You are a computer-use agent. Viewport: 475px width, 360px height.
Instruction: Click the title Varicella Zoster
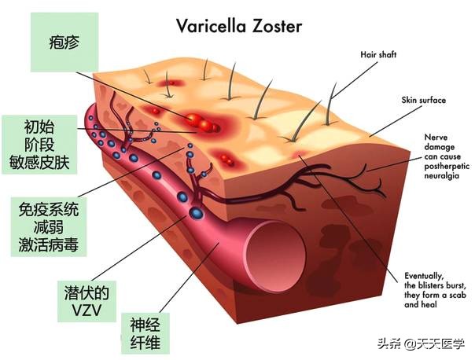(x=239, y=26)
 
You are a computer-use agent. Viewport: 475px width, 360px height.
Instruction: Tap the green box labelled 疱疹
(x=64, y=42)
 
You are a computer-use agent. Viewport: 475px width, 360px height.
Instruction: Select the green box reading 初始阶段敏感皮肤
(x=39, y=145)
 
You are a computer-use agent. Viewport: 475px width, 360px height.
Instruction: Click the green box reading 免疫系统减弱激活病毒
(x=49, y=227)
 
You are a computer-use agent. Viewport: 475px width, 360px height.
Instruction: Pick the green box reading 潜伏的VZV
(x=87, y=301)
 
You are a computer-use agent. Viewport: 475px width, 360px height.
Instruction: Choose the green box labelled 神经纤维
(x=145, y=333)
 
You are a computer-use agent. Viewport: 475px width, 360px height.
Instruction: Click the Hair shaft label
(x=378, y=55)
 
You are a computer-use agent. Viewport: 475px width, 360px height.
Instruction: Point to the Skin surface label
(x=424, y=101)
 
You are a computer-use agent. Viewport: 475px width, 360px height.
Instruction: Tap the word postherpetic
(x=447, y=166)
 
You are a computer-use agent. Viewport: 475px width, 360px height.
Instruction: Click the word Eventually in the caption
(x=424, y=276)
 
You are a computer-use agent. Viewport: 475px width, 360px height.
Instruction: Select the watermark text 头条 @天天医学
(x=422, y=343)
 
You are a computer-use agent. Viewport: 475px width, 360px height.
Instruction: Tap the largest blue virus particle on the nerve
(x=197, y=213)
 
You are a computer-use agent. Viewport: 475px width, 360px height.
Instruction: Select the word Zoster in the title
(x=277, y=26)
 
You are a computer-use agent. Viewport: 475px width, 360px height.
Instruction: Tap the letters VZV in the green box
(x=87, y=310)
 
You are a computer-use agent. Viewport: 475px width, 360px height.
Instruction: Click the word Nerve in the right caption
(x=436, y=138)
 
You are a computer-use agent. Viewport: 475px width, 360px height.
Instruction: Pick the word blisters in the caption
(x=433, y=285)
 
